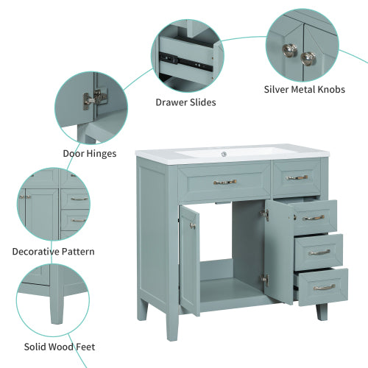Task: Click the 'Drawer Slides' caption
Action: (185, 102)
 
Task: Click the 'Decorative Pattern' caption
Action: (53, 252)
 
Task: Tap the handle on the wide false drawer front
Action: (224, 182)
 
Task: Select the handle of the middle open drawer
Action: (319, 252)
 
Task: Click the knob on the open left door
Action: (193, 225)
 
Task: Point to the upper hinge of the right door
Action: (264, 215)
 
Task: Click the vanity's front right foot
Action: (322, 311)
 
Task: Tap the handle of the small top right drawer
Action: (297, 177)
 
